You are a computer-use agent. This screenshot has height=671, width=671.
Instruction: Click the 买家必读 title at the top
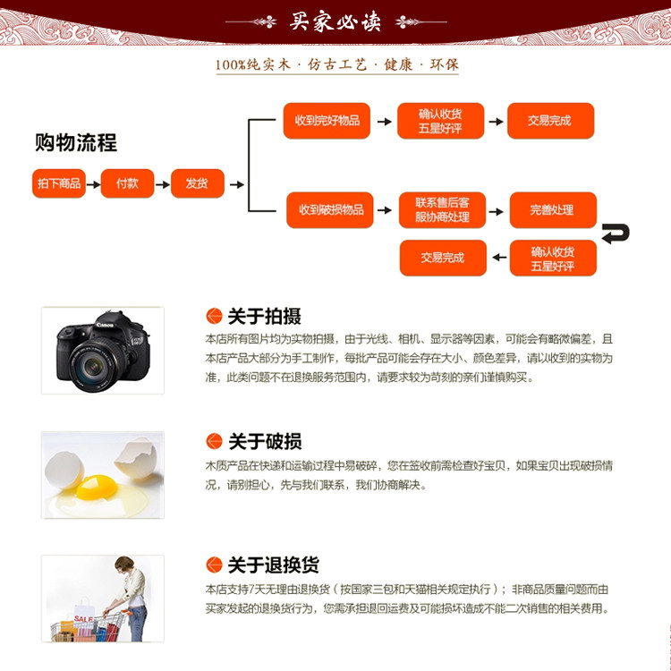tap(335, 21)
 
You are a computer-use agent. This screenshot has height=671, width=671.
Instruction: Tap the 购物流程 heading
tap(76, 142)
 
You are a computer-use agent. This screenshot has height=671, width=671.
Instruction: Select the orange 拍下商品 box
tap(59, 183)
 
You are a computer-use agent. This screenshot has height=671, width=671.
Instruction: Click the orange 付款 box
tap(127, 183)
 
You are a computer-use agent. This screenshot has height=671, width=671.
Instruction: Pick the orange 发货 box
tap(197, 183)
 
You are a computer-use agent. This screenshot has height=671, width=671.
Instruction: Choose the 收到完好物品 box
tap(327, 121)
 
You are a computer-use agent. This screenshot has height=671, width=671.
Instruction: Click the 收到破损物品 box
tap(330, 209)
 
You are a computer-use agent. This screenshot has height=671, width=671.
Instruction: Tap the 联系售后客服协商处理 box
tap(442, 209)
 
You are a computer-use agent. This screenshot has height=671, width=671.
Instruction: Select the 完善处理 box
tap(551, 209)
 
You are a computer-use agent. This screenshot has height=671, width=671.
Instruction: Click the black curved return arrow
tap(616, 234)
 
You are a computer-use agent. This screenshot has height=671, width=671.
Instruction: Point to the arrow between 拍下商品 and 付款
tap(93, 184)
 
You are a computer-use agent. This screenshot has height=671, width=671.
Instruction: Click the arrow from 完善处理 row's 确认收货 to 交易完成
tap(498, 258)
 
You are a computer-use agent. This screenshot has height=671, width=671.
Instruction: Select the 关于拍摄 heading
tap(264, 316)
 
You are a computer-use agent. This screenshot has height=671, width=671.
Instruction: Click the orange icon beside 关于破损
tap(214, 441)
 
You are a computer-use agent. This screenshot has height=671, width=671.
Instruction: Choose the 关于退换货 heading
tap(273, 565)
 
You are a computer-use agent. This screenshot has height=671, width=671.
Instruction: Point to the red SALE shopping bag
tap(83, 619)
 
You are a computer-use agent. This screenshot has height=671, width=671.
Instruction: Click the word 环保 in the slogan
tap(443, 65)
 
